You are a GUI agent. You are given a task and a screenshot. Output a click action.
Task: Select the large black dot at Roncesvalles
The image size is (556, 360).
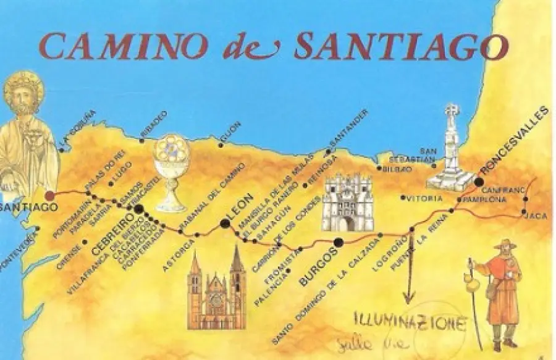click(479, 181)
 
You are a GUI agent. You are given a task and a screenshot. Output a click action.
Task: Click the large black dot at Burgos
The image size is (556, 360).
click(338, 241)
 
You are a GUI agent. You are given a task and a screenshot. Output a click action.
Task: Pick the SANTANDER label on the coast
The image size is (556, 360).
click(349, 130)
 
